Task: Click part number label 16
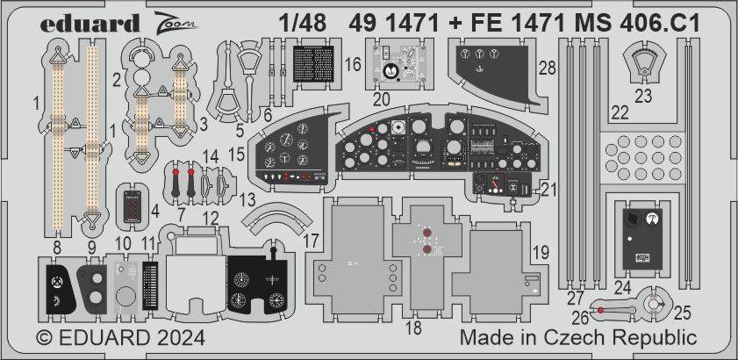(353, 65)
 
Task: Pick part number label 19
(542, 252)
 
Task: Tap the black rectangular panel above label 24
(640, 235)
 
